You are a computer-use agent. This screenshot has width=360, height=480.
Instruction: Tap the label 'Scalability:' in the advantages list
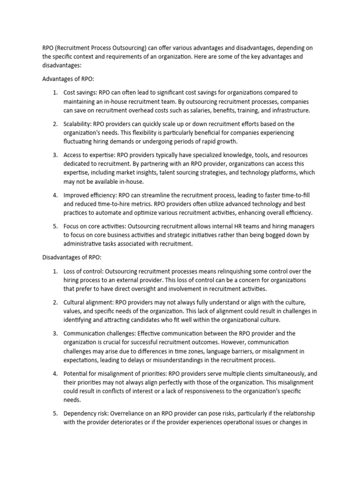tap(77, 124)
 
